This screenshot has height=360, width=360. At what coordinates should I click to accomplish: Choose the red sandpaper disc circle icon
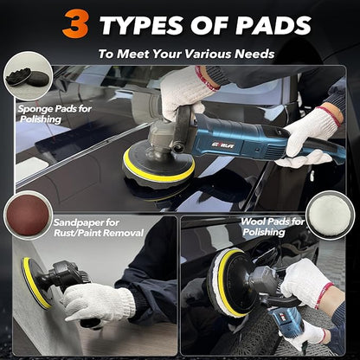(x=27, y=216)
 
